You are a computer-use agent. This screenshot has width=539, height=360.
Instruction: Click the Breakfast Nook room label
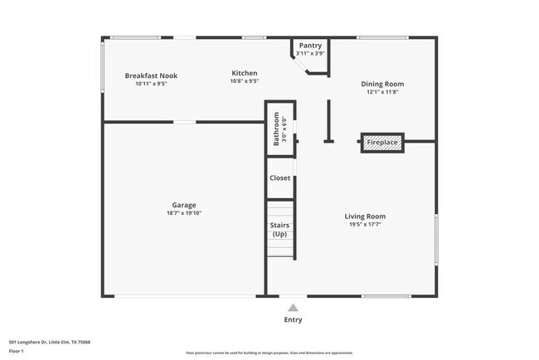(151, 75)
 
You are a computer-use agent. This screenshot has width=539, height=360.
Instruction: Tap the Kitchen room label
(244, 73)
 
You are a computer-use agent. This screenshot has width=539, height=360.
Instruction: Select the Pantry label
(310, 46)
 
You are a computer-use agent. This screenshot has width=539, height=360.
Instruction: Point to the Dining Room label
(381, 84)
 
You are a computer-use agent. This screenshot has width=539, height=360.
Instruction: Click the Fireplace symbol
(382, 143)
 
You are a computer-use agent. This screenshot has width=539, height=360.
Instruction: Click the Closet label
(279, 178)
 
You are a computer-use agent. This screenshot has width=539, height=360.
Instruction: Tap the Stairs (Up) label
(279, 229)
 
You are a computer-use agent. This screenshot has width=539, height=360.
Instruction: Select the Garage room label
(184, 205)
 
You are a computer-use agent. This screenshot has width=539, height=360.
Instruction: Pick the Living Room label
(365, 216)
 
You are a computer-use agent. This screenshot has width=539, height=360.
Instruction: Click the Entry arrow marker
(293, 308)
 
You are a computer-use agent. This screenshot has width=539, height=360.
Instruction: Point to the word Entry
(293, 319)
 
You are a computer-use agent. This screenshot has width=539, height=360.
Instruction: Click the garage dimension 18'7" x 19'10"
(184, 213)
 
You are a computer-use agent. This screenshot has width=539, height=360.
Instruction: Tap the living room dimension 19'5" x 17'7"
(365, 225)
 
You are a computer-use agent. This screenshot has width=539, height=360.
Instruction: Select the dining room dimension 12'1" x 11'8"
(381, 92)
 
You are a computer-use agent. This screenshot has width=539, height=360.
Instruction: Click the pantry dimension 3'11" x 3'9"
(310, 53)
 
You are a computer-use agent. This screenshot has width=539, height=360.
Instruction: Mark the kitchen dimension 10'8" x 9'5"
(244, 81)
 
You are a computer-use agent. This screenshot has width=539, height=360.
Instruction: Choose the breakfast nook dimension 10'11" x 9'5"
(151, 83)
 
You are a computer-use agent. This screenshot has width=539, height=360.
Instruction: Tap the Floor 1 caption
(17, 351)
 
